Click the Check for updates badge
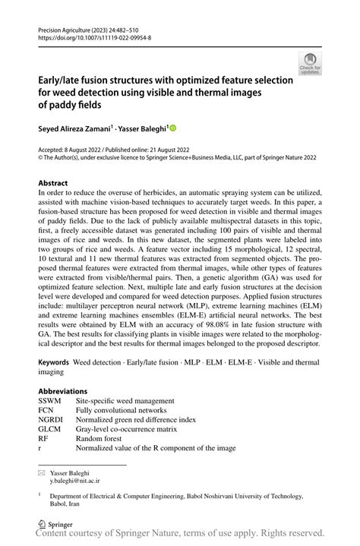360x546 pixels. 310,64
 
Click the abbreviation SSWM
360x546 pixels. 51,401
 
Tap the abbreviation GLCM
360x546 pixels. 51,429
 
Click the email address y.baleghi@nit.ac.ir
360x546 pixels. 74,481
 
